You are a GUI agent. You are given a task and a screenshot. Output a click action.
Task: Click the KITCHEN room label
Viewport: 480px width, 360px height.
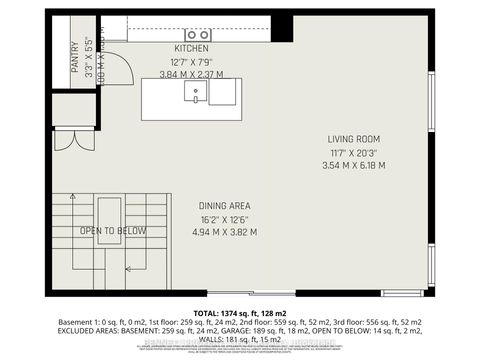tap(191, 48)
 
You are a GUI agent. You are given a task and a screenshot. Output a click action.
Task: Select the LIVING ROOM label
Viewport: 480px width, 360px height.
tap(354, 139)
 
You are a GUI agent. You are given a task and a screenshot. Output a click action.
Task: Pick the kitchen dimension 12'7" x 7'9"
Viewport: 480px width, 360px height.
tap(191, 61)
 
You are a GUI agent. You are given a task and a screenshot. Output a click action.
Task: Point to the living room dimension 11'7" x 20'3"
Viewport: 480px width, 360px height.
tap(354, 152)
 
